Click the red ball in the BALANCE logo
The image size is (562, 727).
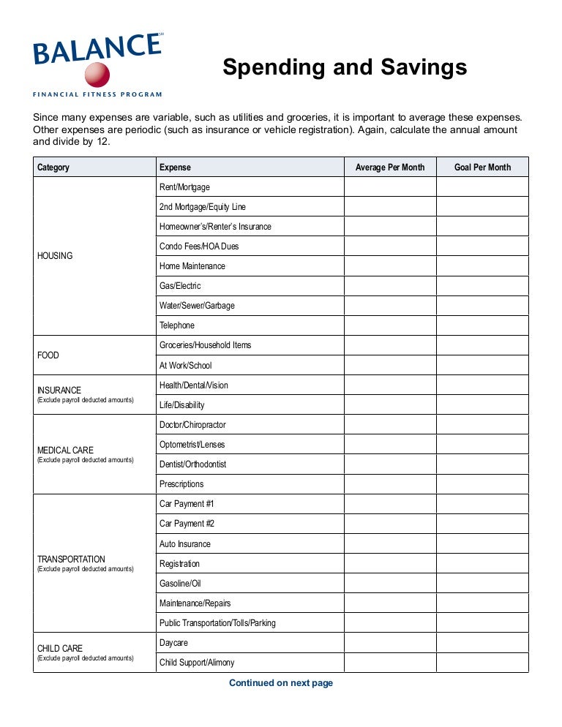[x=97, y=74]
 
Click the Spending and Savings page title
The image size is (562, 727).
[x=345, y=67]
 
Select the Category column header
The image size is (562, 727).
[x=53, y=167]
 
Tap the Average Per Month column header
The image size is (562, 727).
[x=390, y=167]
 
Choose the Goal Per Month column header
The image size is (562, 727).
[x=482, y=167]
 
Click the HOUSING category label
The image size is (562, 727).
[x=55, y=256]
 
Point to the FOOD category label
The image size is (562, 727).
[x=48, y=355]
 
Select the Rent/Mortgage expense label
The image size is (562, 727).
[x=184, y=187]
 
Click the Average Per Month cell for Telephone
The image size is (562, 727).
[x=390, y=325]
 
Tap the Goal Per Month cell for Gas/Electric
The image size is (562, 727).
[x=482, y=286]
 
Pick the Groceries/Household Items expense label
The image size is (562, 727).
[x=205, y=345]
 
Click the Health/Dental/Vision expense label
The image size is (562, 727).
[x=194, y=385]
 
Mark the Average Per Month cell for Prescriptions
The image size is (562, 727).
[x=390, y=484]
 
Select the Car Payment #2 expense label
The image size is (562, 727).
[x=187, y=524]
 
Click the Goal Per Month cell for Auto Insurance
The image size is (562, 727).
[x=482, y=544]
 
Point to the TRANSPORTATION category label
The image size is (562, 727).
[x=71, y=560]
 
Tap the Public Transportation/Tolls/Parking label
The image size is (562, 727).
[x=217, y=623]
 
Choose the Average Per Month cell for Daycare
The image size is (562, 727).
[x=390, y=643]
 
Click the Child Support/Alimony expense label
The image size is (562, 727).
[x=197, y=663]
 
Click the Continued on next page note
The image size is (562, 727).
[x=281, y=683]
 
